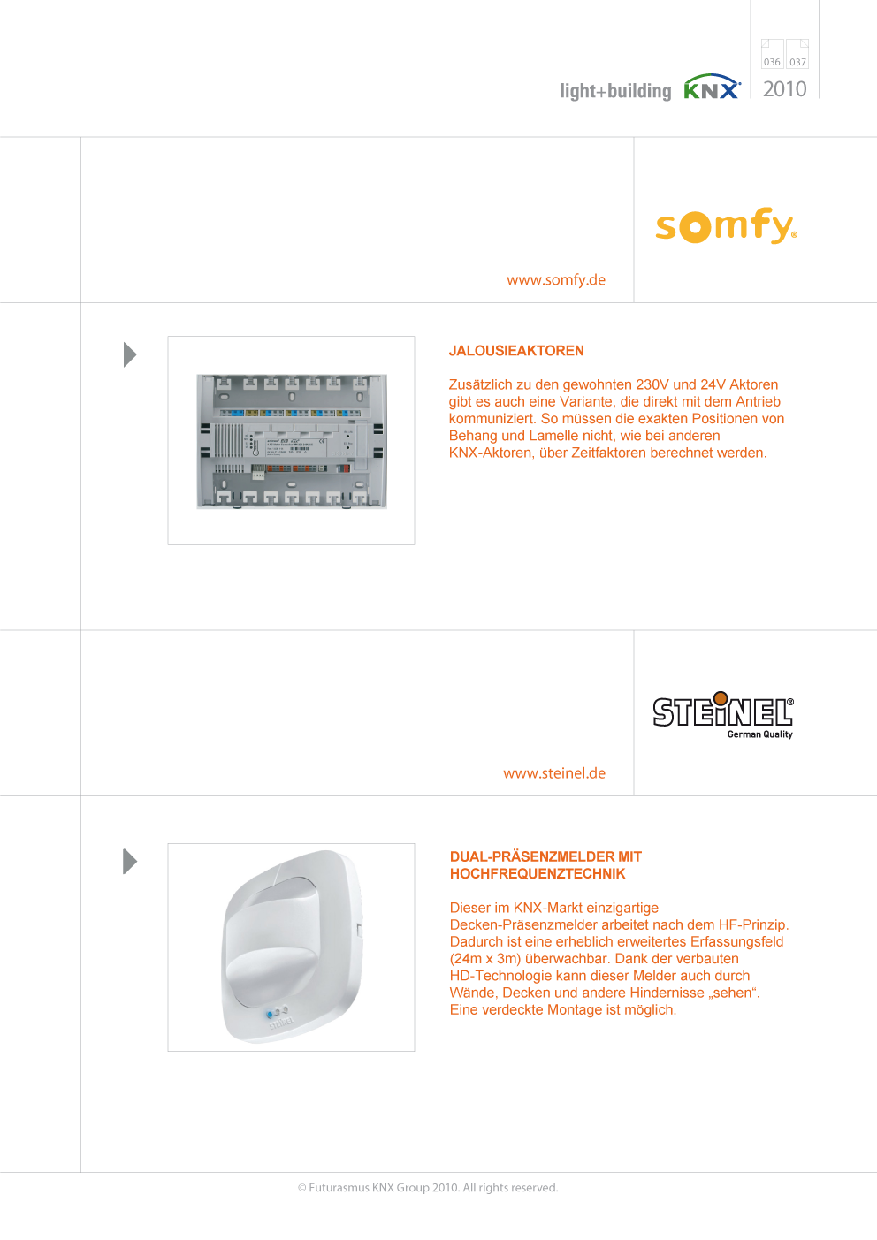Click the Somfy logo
pyautogui.click(x=727, y=225)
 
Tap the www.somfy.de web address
pyautogui.click(x=556, y=280)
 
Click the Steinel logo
pyautogui.click(x=723, y=715)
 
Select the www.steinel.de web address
pyautogui.click(x=554, y=772)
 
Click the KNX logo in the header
pyautogui.click(x=712, y=87)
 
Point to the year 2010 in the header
pyautogui.click(x=784, y=89)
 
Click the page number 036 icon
pyautogui.click(x=772, y=54)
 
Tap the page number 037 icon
pyautogui.click(x=797, y=54)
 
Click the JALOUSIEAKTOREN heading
pyautogui.click(x=516, y=351)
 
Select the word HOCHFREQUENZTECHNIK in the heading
pyautogui.click(x=537, y=873)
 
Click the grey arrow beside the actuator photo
pyautogui.click(x=130, y=354)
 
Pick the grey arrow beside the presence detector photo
pyautogui.click(x=130, y=862)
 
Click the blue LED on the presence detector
pyautogui.click(x=270, y=1015)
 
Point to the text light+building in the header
pyautogui.click(x=615, y=91)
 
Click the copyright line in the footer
pyautogui.click(x=428, y=1187)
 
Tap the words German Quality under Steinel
pyautogui.click(x=759, y=734)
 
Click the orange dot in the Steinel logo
pyautogui.click(x=721, y=698)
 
